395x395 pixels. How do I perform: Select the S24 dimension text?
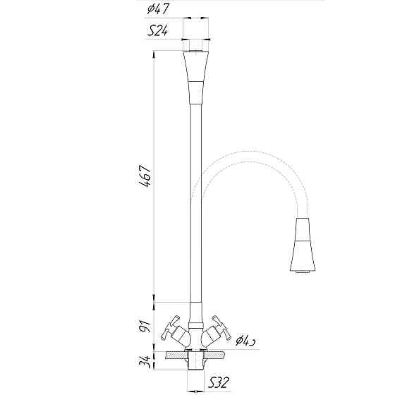157,31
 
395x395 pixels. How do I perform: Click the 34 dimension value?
144,364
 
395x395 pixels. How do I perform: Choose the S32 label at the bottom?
217,384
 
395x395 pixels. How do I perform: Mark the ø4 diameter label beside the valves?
245,341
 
